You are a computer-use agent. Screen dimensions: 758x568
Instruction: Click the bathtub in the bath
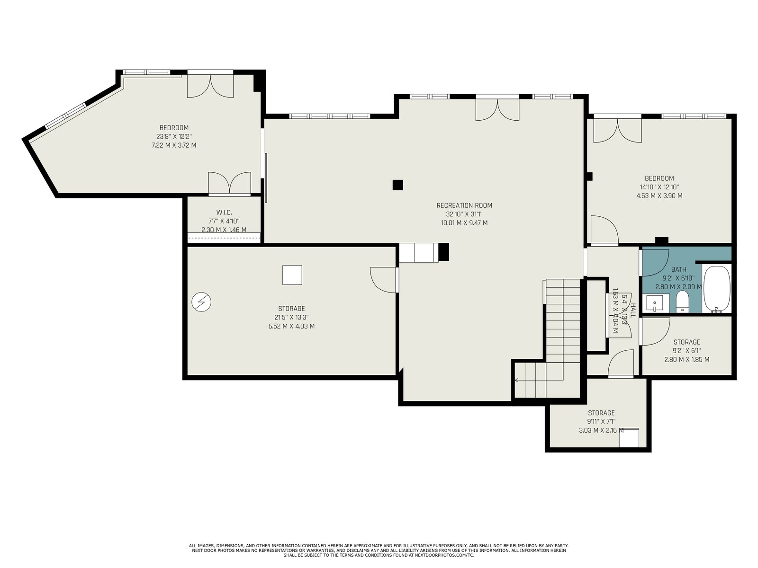717,289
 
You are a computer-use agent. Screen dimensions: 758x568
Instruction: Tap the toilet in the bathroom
682,301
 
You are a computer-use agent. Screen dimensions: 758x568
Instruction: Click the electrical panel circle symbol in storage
201,302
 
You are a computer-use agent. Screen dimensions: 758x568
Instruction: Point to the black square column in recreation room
397,185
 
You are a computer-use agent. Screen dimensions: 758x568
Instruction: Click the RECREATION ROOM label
464,205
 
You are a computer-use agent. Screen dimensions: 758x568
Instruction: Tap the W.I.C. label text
224,212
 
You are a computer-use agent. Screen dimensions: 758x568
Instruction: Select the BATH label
678,269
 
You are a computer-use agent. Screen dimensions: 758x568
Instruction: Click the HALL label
633,311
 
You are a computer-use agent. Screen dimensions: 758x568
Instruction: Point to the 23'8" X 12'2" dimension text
174,136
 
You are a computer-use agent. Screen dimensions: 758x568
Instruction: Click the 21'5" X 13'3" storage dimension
291,317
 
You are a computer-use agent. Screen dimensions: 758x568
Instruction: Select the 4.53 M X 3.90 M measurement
659,195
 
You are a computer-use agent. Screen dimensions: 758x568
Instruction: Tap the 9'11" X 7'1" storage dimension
601,421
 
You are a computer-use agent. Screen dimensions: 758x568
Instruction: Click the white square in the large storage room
292,275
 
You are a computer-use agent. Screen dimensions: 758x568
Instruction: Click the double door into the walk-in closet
230,183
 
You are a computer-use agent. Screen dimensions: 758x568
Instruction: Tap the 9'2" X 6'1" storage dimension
686,351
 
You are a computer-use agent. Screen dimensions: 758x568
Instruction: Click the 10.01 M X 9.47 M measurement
464,223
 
